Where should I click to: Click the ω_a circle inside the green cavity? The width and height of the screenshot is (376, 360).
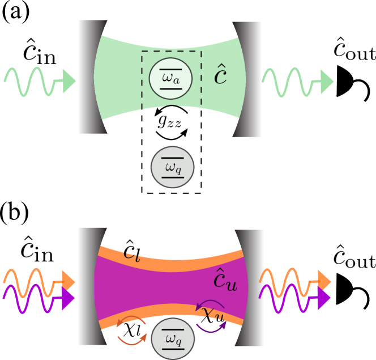(170, 78)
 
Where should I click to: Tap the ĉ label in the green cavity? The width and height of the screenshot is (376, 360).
(220, 75)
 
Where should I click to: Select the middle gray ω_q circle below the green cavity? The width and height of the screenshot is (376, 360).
(173, 167)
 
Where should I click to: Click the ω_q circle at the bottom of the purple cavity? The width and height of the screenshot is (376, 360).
(173, 338)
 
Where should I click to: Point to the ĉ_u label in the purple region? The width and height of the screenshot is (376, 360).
(225, 281)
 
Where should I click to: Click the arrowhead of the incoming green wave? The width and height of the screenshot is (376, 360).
(69, 81)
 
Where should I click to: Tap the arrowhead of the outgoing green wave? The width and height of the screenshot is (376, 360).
(327, 82)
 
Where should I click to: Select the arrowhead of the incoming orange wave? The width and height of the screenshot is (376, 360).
(69, 280)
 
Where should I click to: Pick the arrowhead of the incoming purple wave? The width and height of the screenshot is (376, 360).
(69, 299)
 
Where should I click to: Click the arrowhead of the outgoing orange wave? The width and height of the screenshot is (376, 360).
(324, 280)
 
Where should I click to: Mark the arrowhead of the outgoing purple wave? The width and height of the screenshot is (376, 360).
(324, 299)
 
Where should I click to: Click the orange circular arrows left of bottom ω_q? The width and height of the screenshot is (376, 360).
(132, 330)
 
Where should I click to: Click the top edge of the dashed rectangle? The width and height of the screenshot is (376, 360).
(172, 51)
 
